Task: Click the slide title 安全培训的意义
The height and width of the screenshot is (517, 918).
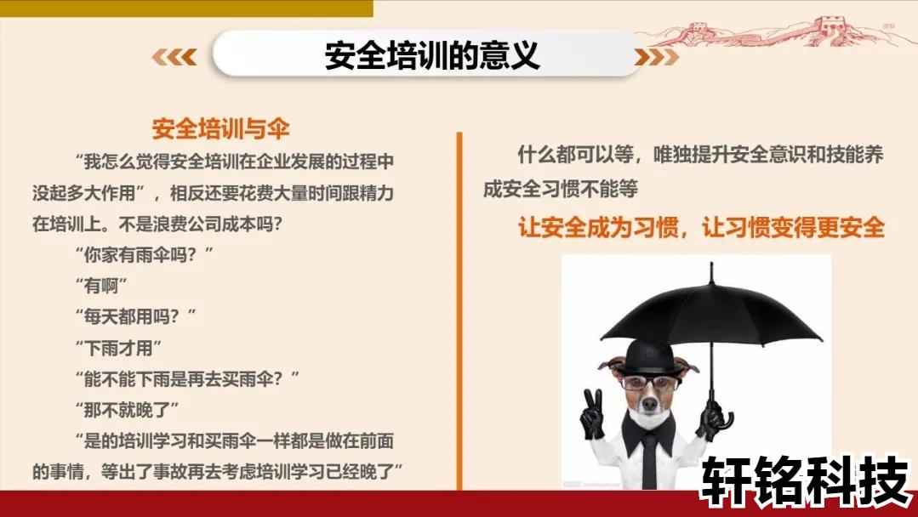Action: (x=432, y=55)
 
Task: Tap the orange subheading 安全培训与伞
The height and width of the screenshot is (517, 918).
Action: (x=220, y=129)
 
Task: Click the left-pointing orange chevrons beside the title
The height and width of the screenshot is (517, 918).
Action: (x=174, y=57)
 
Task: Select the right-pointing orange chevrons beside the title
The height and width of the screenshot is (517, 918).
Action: (x=656, y=57)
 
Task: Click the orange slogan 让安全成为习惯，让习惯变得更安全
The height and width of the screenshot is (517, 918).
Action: (x=701, y=227)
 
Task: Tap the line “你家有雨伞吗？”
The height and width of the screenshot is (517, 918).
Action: (x=144, y=255)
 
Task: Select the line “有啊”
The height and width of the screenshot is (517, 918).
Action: (x=101, y=286)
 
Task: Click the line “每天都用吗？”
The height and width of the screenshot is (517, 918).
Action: (x=136, y=317)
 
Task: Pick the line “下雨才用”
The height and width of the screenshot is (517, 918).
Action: (x=118, y=348)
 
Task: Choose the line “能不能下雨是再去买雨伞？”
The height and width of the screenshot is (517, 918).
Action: (x=187, y=379)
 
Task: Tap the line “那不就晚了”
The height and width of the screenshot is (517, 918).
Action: (x=127, y=410)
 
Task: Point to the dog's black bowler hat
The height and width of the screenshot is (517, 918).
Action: (x=648, y=357)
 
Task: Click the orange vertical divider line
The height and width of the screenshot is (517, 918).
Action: (x=459, y=310)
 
